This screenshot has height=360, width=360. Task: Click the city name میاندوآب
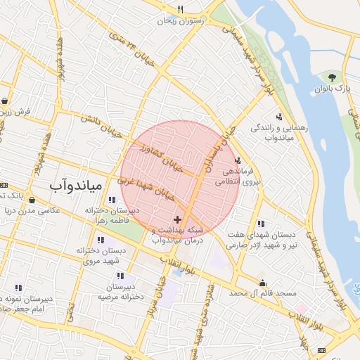(x=76, y=186)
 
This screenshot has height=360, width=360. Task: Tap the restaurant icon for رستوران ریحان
(x=181, y=9)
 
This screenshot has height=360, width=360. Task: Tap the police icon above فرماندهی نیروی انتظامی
(x=238, y=160)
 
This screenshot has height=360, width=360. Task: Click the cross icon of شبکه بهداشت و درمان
(x=176, y=220)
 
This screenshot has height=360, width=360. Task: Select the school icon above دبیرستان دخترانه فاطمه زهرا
(x=112, y=200)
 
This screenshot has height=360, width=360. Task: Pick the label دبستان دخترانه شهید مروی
(x=104, y=255)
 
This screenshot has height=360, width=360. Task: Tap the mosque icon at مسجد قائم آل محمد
(x=262, y=283)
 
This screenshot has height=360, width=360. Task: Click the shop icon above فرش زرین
(x=5, y=101)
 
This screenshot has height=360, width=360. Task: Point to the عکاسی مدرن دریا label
(x=30, y=210)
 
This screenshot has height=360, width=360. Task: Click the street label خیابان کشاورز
(x=161, y=160)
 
